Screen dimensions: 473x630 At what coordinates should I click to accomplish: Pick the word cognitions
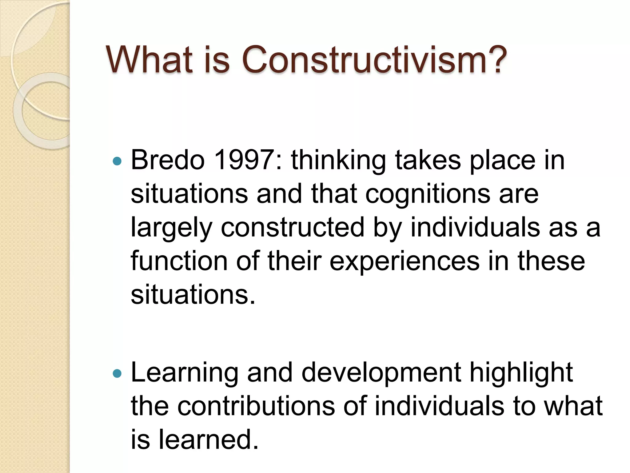(x=428, y=195)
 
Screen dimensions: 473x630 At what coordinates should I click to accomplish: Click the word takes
(x=428, y=160)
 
